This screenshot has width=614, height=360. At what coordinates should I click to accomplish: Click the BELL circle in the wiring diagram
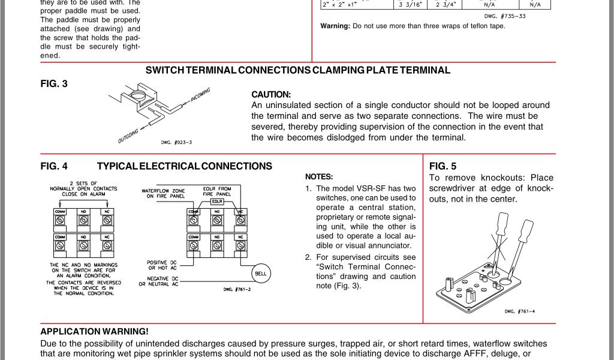260,272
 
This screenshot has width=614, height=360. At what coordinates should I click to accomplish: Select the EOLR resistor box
217,202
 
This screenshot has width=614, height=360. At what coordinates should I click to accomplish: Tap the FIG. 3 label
54,84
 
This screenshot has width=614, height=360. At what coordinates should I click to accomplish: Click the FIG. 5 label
443,166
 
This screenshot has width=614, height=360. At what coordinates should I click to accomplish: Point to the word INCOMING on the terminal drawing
200,95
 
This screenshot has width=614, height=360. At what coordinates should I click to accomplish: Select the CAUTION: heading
271,95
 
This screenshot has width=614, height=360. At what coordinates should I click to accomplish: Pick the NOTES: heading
319,177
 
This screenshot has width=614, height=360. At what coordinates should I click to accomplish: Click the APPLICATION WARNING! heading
94,331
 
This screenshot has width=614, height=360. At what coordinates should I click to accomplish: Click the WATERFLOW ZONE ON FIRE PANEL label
163,193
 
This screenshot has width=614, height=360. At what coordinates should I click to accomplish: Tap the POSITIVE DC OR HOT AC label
161,265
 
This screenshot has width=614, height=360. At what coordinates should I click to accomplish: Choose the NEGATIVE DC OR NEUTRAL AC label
159,281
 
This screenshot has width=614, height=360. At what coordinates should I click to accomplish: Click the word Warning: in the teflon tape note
335,26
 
